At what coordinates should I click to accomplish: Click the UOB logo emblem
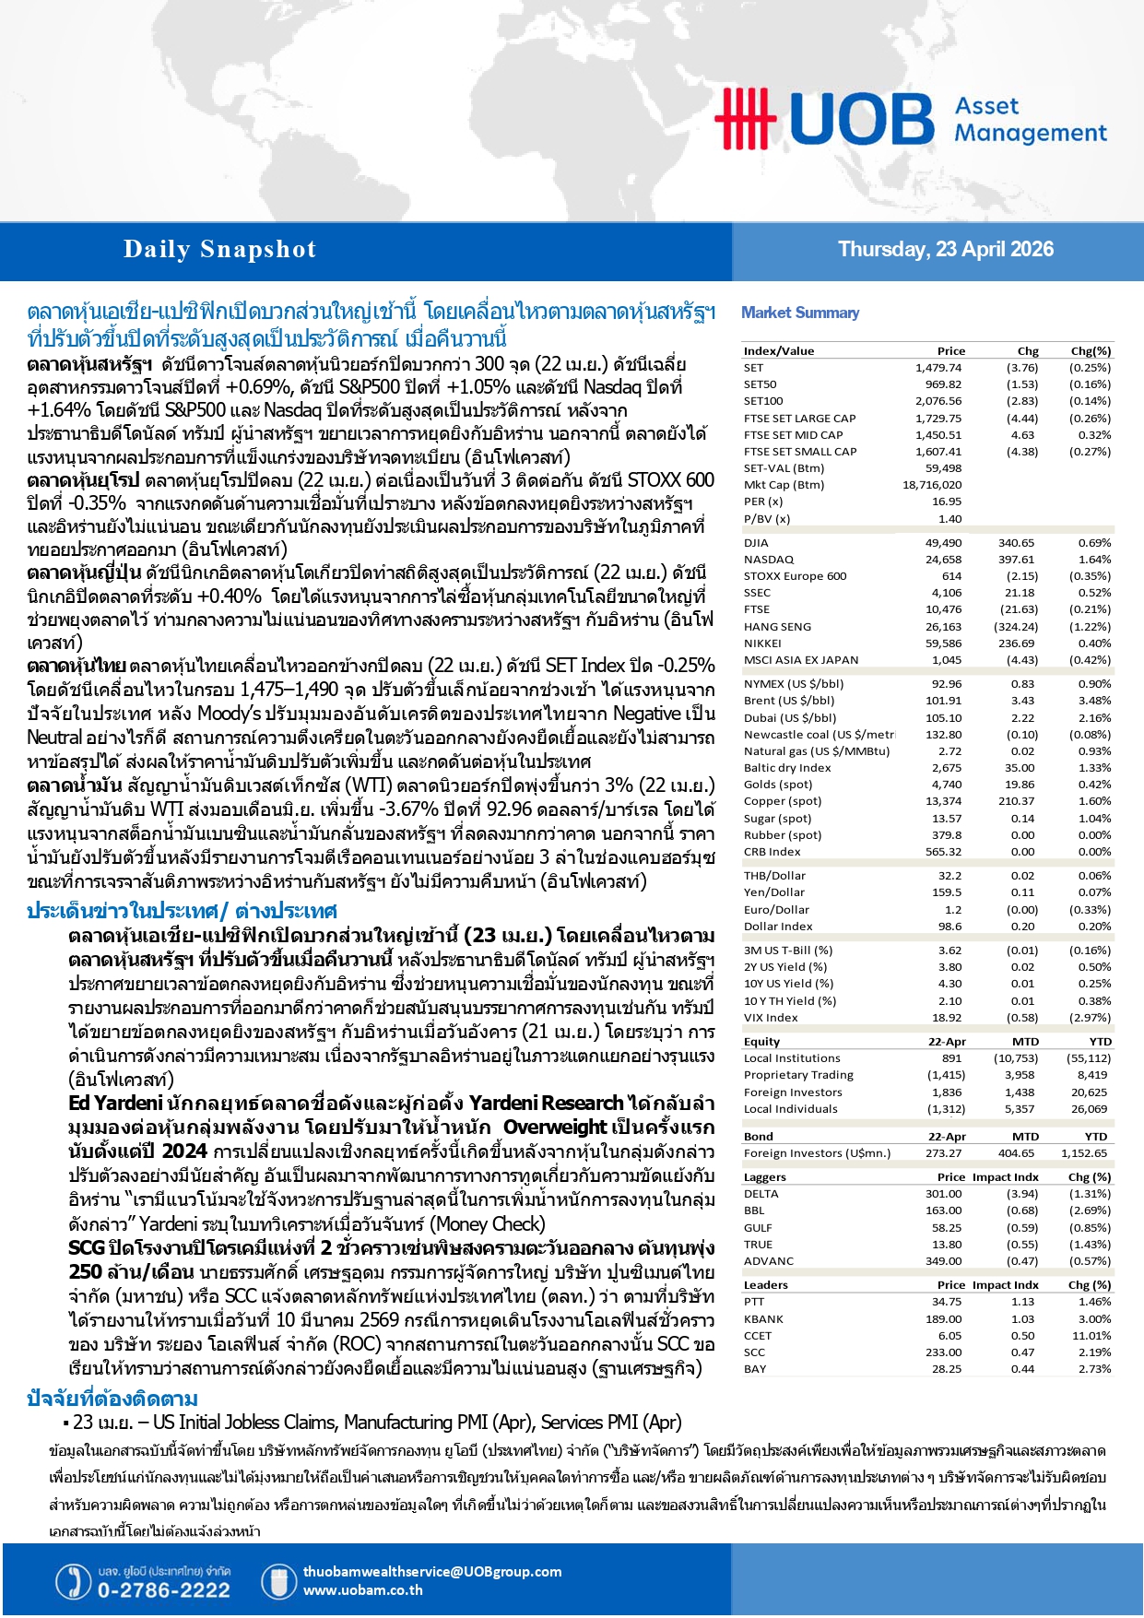(745, 119)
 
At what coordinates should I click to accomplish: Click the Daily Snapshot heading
(219, 250)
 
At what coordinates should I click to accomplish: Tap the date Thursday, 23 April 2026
(945, 250)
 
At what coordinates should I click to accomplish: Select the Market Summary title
(799, 313)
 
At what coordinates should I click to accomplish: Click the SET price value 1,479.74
(938, 368)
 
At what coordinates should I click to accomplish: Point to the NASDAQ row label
(768, 560)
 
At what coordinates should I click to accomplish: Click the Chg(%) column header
(1090, 351)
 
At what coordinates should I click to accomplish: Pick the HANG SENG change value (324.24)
(1016, 627)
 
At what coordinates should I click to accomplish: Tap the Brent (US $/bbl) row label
(788, 701)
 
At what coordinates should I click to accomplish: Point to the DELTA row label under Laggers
(761, 1194)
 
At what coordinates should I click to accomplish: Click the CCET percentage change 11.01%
(1091, 1336)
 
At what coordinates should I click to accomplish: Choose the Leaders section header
(765, 1285)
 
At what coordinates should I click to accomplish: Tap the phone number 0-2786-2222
(163, 1590)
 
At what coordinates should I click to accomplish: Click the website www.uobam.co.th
(362, 1590)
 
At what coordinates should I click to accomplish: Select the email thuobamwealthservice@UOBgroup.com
(431, 1572)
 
